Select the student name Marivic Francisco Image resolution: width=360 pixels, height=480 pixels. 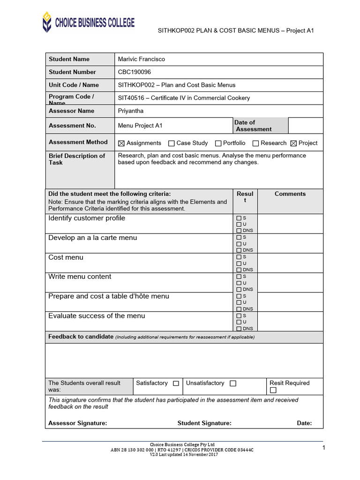(142, 59)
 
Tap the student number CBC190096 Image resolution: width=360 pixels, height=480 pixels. (135, 72)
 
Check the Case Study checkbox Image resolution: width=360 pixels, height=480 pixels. (172, 143)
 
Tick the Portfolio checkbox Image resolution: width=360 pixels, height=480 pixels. (218, 143)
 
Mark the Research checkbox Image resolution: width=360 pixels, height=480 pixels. (256, 143)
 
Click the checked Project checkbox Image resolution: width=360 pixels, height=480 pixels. (294, 143)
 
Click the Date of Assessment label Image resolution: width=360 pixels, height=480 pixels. (253, 126)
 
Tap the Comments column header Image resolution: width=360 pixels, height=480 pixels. (290, 194)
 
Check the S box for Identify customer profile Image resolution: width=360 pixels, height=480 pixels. (239, 218)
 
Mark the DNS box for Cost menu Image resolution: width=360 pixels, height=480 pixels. (239, 270)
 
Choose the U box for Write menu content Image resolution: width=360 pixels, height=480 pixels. (239, 283)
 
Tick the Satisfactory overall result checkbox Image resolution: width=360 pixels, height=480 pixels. (176, 383)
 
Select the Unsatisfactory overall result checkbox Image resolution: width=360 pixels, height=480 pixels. (233, 383)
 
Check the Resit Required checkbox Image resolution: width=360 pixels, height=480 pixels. (273, 390)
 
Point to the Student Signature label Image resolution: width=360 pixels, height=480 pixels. (204, 423)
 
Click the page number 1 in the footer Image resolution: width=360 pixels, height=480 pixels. (324, 449)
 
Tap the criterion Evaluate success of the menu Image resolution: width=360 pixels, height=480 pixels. (97, 316)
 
